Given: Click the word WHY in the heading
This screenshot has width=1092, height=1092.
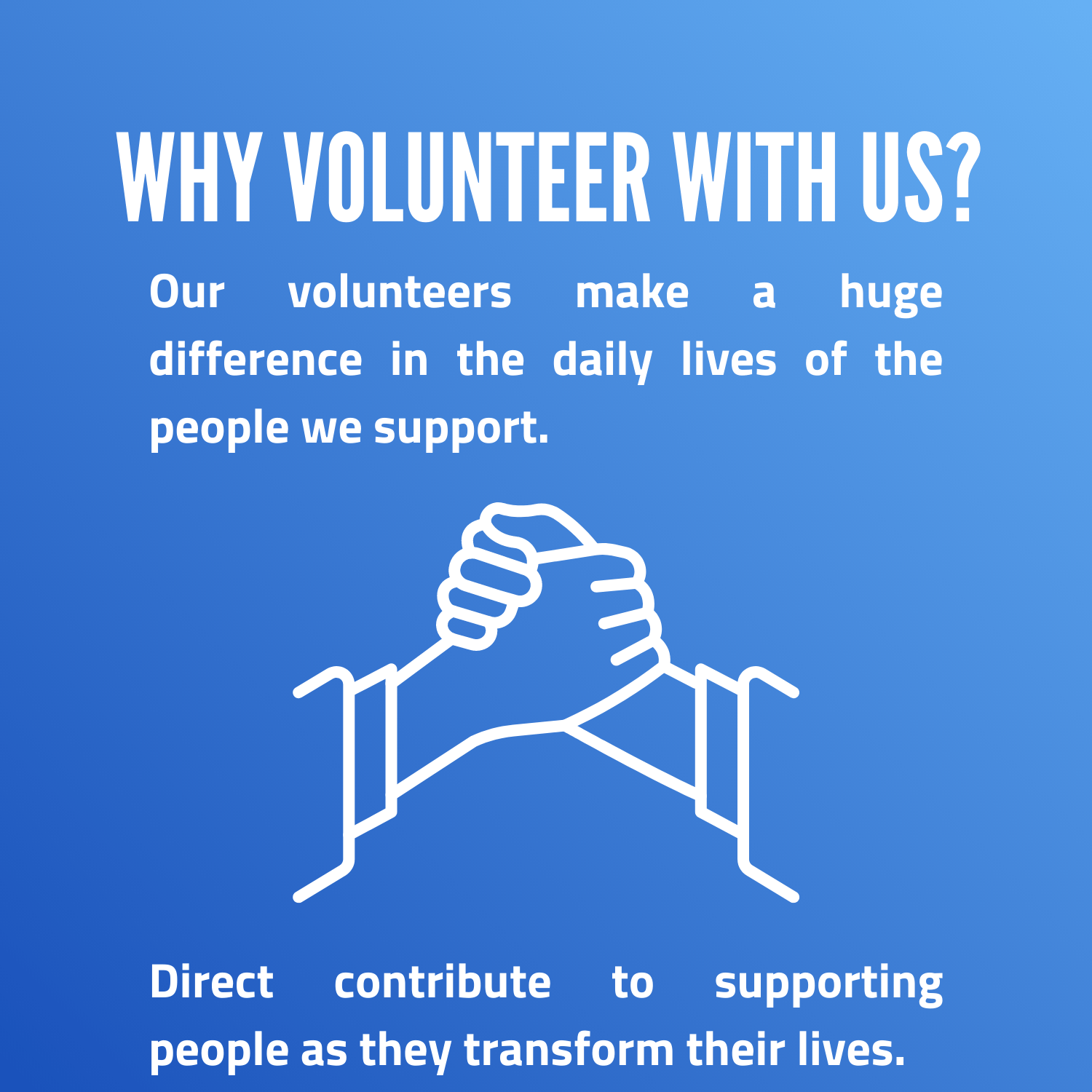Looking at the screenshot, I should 188,178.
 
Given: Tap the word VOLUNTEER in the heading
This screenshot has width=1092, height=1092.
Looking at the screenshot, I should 467,178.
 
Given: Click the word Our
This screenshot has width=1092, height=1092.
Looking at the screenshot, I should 186,293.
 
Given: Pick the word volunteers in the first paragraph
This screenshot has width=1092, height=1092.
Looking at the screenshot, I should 400,293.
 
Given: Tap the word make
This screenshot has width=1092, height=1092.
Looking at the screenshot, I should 632,293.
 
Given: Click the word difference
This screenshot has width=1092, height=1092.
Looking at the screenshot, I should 256,360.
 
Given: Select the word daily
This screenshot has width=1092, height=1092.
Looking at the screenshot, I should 602,361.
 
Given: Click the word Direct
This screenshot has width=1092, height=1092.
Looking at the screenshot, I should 211,982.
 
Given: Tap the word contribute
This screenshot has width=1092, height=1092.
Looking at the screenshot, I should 442,982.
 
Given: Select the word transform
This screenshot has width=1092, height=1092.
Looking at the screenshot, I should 569,1050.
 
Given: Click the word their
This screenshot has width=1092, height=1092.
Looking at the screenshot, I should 735,1050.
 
